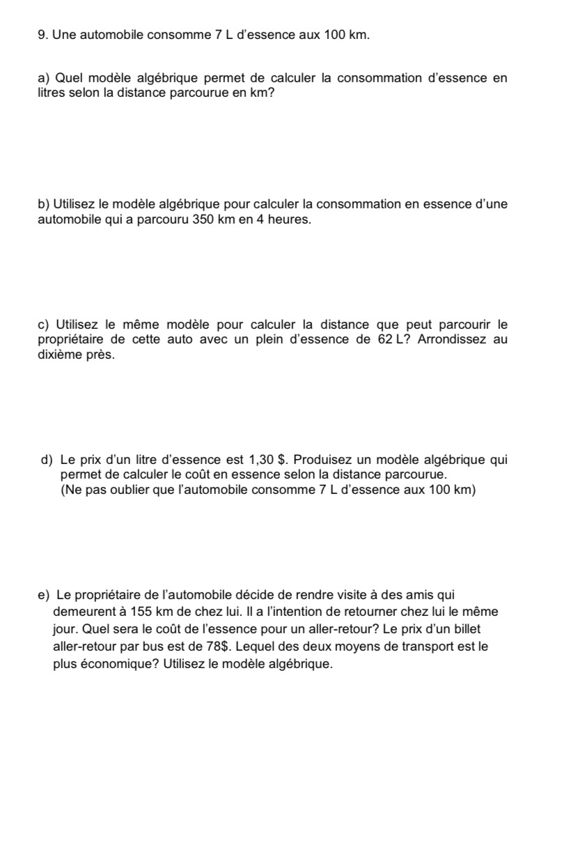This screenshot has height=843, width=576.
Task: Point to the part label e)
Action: click(x=44, y=595)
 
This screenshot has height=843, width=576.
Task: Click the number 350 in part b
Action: click(x=203, y=220)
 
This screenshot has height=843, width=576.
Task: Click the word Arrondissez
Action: click(x=456, y=340)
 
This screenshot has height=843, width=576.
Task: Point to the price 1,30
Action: click(x=261, y=460)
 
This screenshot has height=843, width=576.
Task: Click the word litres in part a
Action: click(x=52, y=93)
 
